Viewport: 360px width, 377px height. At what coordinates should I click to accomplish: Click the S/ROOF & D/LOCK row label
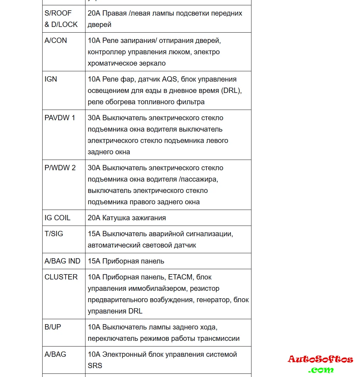click(61, 19)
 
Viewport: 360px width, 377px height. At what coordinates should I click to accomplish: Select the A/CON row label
click(56, 40)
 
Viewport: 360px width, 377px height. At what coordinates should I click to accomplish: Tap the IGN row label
click(51, 79)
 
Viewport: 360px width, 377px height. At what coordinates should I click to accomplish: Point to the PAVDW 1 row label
click(60, 118)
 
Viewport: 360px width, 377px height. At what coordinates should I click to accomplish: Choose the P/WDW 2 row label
click(60, 168)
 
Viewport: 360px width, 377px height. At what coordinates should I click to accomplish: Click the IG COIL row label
click(57, 218)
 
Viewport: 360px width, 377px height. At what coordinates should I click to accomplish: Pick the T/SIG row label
click(54, 234)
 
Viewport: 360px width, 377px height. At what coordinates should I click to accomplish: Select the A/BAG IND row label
click(62, 261)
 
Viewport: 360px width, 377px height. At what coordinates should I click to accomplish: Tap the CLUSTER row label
click(61, 277)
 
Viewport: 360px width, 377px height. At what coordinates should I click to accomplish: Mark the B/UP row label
click(53, 327)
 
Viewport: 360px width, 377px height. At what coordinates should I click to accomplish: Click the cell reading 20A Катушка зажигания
click(127, 218)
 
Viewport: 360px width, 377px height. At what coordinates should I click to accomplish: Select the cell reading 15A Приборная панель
click(126, 261)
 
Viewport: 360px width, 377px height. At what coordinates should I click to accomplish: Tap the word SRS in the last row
click(95, 365)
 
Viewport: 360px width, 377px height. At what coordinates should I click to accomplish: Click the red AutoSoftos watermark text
click(320, 359)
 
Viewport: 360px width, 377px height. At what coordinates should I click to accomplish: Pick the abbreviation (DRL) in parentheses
click(231, 90)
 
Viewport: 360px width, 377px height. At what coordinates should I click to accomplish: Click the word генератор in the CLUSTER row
click(213, 300)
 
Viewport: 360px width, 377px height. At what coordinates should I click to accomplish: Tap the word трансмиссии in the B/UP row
click(219, 338)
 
